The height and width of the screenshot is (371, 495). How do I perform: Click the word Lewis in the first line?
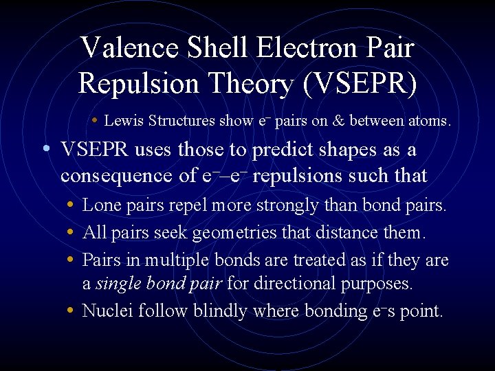click(x=120, y=122)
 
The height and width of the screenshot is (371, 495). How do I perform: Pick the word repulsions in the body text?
click(x=296, y=176)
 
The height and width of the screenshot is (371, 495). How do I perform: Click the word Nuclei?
click(x=107, y=311)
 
